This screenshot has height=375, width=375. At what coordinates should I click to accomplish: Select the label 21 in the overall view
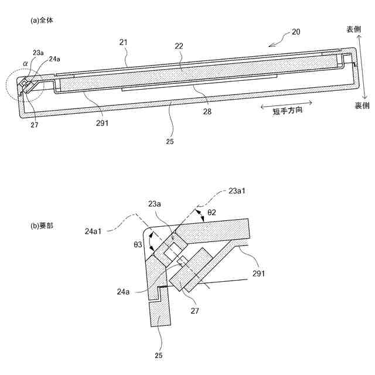tap(123, 43)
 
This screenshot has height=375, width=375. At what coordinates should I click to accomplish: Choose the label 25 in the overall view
tap(170, 140)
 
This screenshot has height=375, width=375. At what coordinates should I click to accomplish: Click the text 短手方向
tap(288, 112)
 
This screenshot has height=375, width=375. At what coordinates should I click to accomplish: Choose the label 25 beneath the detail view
tap(159, 354)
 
